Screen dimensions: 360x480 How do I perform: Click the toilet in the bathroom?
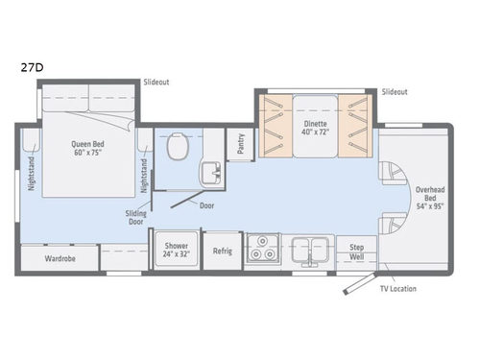click(x=176, y=147)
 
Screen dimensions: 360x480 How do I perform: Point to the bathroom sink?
click(x=209, y=174)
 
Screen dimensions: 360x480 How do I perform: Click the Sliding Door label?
click(x=136, y=217)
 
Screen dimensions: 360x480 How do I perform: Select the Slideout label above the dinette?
click(x=395, y=91)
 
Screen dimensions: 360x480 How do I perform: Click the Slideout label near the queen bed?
click(x=156, y=83)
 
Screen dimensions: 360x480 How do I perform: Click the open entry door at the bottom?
click(x=357, y=282)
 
